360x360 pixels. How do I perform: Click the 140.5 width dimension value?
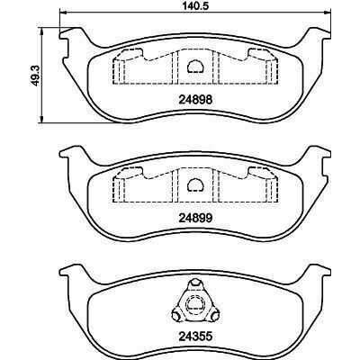tap(195, 5)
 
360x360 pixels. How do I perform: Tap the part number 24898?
tap(195, 99)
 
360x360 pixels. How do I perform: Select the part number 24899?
tap(195, 218)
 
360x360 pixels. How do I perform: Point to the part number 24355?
tap(195, 337)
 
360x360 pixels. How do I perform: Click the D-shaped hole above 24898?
tap(195, 67)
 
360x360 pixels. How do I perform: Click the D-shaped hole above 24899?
tap(195, 184)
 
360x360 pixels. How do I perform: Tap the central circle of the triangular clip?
tap(195, 305)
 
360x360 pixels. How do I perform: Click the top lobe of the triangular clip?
tap(195, 283)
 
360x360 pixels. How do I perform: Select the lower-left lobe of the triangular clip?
tap(176, 315)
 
